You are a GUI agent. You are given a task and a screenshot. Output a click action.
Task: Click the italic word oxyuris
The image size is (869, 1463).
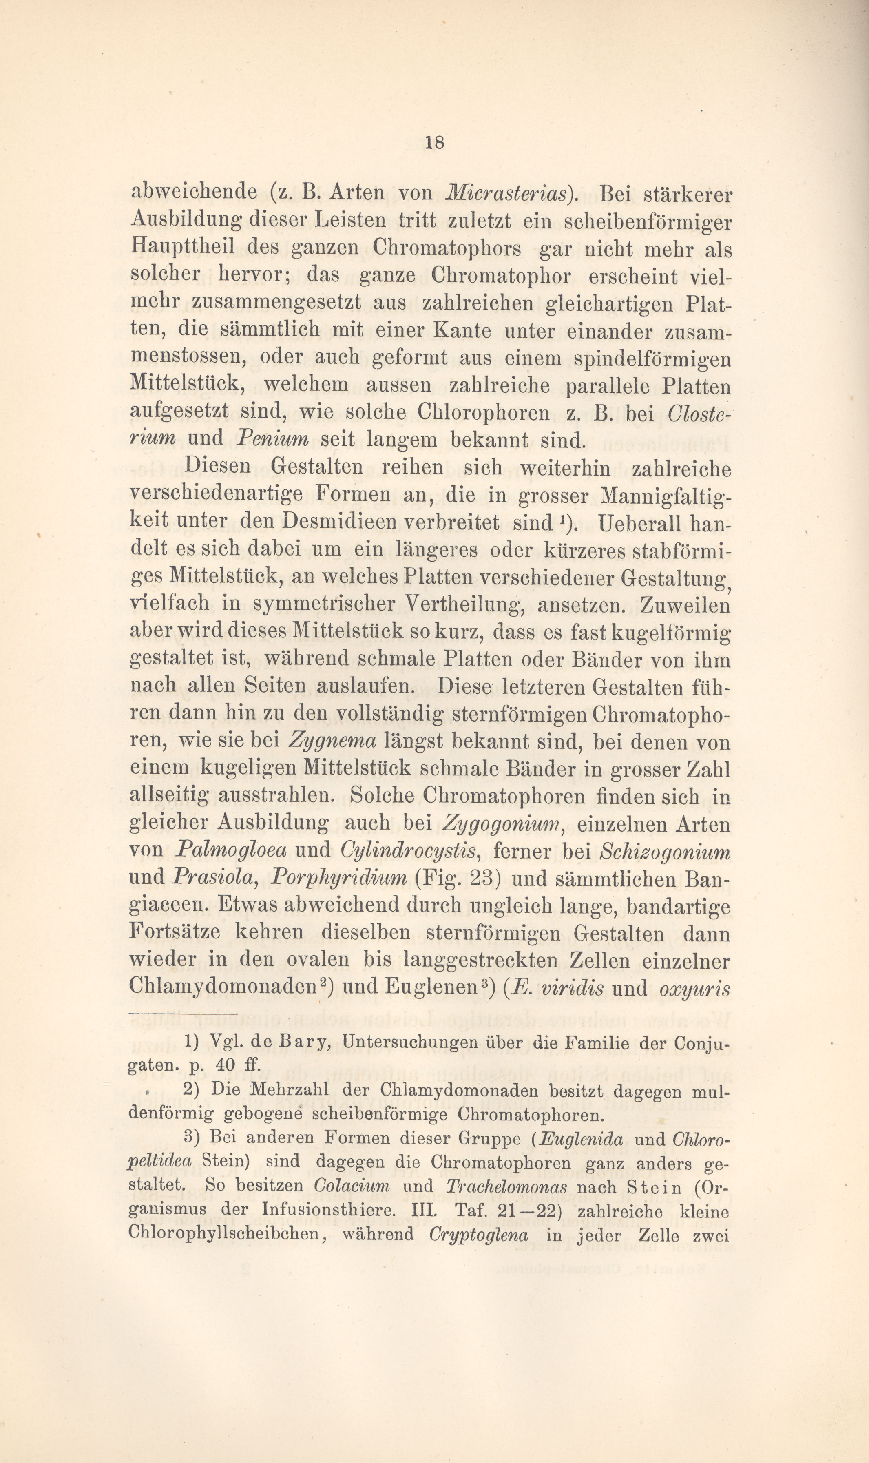tap(695, 989)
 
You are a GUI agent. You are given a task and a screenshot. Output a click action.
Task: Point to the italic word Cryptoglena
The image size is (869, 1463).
tap(478, 1236)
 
